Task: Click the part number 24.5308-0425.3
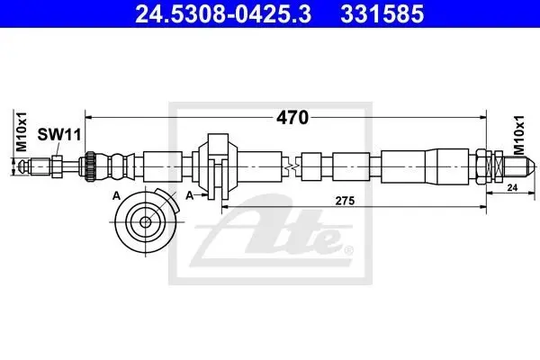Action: point(223,14)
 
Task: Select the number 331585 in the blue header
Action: point(382,14)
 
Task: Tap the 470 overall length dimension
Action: point(292,118)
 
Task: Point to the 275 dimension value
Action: point(345,201)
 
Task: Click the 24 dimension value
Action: point(512,188)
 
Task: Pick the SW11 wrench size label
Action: point(59,134)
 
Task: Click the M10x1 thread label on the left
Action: point(22,132)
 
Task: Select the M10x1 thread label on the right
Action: point(519,135)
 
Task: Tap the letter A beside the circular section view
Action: point(117,196)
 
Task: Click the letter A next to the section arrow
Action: point(190,195)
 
